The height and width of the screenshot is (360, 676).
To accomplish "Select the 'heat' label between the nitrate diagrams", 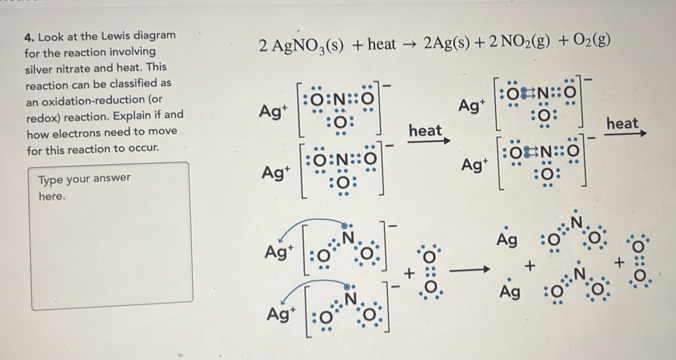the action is coord(425,130).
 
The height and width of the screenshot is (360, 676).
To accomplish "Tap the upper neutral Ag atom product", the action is coord(507,241).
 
